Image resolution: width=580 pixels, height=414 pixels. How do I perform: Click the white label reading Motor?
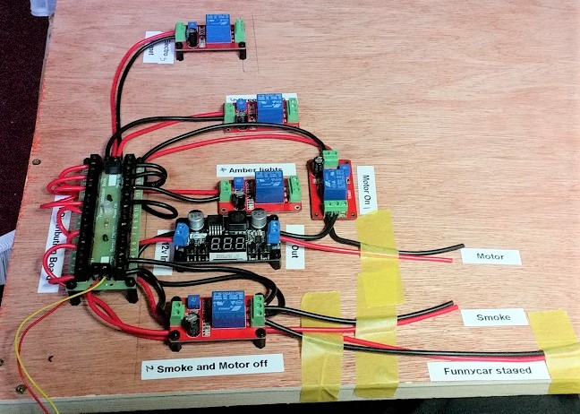(491, 256)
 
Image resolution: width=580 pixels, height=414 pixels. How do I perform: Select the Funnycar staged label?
(487, 369)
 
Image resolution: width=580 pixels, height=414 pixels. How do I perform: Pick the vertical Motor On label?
(366, 190)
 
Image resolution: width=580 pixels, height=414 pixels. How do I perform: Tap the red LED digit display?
(227, 244)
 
